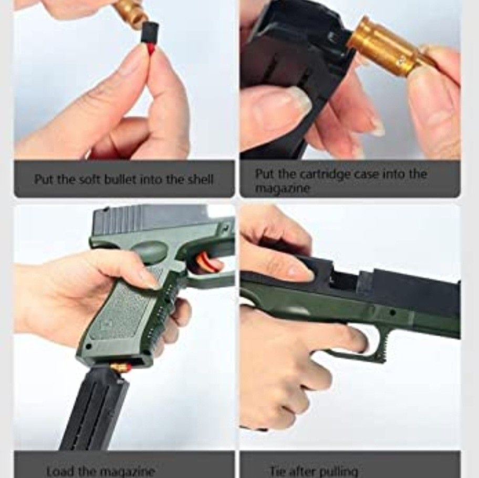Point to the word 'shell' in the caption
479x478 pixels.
pyautogui.click(x=200, y=179)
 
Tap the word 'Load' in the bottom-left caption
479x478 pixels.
pyautogui.click(x=59, y=471)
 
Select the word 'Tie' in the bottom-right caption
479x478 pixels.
pyautogui.click(x=278, y=471)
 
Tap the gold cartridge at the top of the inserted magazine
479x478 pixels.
pyautogui.click(x=120, y=367)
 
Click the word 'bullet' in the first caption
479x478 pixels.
pyautogui.click(x=122, y=179)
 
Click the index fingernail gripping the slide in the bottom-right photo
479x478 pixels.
pyautogui.click(x=300, y=270)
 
